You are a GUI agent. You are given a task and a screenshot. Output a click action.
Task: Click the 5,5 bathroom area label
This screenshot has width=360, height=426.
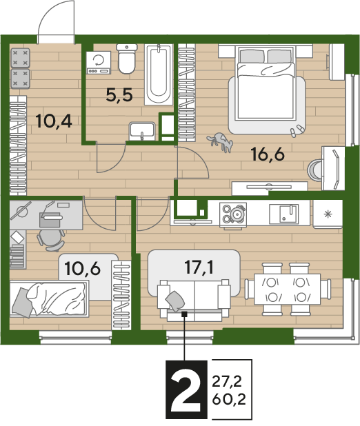(x=119, y=95)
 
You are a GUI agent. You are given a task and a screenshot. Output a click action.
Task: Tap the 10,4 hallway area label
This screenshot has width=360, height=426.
(x=54, y=121)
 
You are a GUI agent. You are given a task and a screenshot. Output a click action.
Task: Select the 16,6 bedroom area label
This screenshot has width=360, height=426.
(x=268, y=154)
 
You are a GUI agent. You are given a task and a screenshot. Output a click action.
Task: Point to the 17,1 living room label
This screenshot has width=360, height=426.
(x=199, y=267)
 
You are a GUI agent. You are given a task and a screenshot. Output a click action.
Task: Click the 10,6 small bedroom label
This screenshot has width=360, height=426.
(x=82, y=268)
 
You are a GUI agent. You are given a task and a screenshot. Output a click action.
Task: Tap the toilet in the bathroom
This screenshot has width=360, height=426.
(x=127, y=59)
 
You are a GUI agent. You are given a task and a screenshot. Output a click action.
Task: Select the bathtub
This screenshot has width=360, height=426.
(x=159, y=74)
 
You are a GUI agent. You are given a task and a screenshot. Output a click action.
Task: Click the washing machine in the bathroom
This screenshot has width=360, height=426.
(x=99, y=63)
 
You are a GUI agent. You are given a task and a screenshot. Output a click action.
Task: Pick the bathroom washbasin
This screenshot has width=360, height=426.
(x=142, y=131)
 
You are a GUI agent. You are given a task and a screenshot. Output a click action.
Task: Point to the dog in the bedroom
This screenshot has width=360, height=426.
(x=221, y=142)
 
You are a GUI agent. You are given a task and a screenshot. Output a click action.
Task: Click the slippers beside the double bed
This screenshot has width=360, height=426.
(x=297, y=130)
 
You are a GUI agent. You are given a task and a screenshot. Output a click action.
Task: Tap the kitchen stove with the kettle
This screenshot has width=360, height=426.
(x=233, y=214)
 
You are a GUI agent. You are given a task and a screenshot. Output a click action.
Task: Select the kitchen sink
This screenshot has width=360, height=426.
(x=284, y=214)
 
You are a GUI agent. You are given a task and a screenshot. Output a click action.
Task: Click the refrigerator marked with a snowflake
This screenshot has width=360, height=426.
(x=328, y=214)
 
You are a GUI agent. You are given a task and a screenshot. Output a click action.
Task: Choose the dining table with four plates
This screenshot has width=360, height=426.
(x=287, y=290)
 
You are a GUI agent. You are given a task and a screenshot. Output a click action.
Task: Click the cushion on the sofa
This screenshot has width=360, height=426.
(x=175, y=301)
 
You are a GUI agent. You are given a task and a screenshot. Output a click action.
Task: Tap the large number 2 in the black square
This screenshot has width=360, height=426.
(x=186, y=389)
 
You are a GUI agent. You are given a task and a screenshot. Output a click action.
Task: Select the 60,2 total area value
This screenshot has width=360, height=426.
(x=229, y=399)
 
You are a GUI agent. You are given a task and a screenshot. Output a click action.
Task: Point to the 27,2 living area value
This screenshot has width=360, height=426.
(x=227, y=382)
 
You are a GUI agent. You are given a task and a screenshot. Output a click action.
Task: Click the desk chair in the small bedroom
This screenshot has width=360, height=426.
(x=51, y=240)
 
